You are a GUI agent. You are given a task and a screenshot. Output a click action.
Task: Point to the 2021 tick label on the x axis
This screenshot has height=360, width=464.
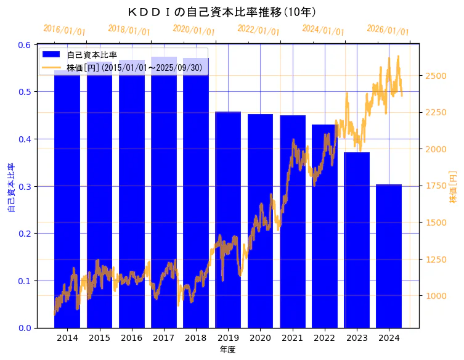pos(292,338)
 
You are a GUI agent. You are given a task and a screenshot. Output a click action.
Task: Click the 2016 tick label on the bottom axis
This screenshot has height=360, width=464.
pos(131,338)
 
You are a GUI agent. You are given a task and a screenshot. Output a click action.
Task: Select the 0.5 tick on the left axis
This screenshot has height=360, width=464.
pos(25,92)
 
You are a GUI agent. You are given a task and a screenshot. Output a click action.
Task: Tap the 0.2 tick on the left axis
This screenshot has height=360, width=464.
pos(25,234)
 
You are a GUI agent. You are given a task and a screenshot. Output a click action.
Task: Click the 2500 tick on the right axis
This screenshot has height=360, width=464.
pos(436,76)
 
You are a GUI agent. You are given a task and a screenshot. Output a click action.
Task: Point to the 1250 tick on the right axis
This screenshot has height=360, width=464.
pos(436,260)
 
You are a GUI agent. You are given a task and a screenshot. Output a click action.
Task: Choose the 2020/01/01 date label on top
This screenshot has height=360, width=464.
pos(193,30)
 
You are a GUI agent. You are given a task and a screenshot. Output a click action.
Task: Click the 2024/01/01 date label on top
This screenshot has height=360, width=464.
pos(323,30)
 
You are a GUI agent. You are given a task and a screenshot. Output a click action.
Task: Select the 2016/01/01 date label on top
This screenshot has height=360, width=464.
pos(64,30)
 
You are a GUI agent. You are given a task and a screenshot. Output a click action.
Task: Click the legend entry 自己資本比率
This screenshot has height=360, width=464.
pos(92,55)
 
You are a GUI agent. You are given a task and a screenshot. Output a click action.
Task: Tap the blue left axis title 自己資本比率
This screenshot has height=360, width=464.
pos(10,187)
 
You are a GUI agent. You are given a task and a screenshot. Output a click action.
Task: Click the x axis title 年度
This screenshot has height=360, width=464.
pos(227,350)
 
